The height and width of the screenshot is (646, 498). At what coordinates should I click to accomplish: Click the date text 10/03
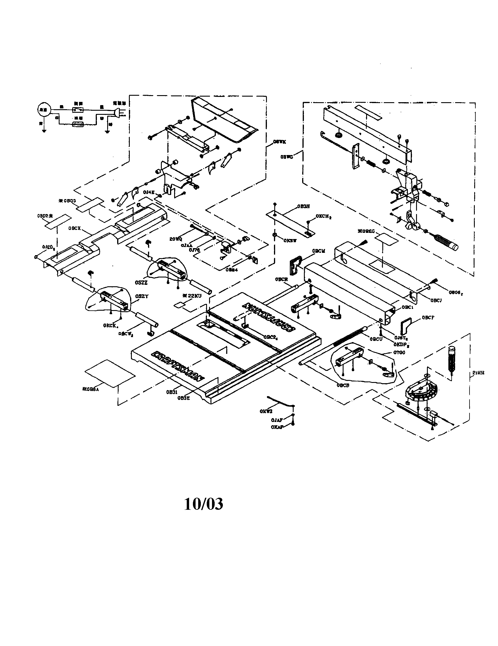[x=203, y=504]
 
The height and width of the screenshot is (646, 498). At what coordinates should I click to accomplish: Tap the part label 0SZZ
[x=141, y=283]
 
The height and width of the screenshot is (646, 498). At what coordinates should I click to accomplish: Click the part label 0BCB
[x=343, y=386]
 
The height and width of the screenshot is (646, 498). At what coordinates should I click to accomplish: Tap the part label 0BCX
[x=75, y=228]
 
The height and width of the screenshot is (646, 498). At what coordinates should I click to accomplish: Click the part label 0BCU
[x=376, y=339]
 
